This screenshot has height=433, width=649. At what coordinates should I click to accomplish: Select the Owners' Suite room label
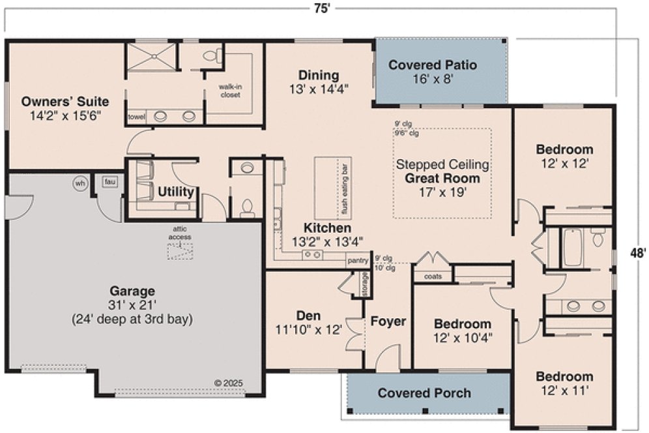coord(65,102)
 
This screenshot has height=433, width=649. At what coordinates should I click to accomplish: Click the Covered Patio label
coord(433,65)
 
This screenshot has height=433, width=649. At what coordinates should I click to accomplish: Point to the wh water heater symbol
coord(80,183)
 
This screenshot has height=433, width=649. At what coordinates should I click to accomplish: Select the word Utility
coord(175,192)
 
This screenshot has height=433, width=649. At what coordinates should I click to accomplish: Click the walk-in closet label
coord(229,91)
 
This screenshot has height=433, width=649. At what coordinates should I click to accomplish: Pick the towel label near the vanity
coord(136,117)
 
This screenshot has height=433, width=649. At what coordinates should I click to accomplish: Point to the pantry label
coord(358,261)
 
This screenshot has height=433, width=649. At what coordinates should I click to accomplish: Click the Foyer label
coord(388,321)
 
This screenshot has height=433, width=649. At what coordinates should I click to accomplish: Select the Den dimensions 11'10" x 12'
coord(310,330)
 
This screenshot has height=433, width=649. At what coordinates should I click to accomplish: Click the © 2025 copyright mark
coord(229,383)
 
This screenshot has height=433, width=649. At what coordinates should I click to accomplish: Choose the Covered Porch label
coord(424,393)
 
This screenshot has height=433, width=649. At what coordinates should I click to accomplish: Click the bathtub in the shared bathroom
coord(572,247)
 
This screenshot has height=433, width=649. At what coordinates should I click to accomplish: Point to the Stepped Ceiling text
coord(442,164)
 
